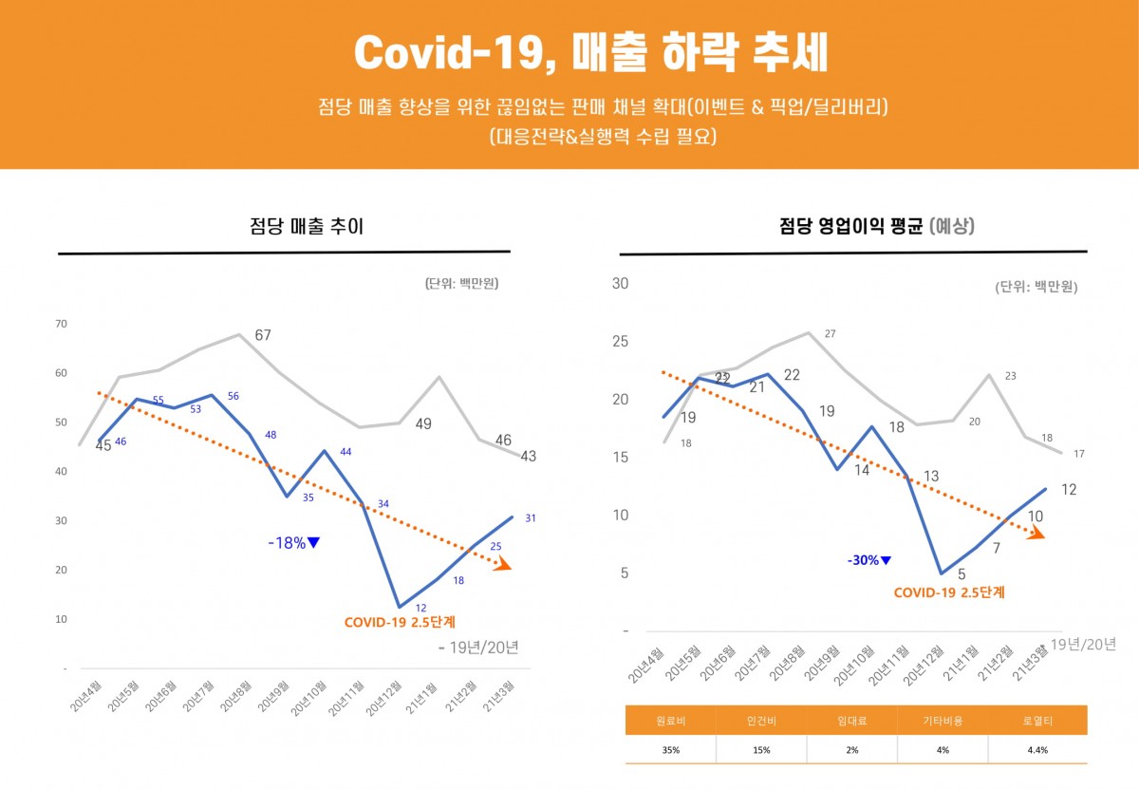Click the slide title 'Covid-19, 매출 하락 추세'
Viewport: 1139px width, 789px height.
[589, 53]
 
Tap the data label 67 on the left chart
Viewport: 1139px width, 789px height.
[263, 335]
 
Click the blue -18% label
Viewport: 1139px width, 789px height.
[293, 543]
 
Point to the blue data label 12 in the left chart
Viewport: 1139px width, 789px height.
[420, 608]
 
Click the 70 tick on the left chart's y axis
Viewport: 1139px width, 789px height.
[61, 324]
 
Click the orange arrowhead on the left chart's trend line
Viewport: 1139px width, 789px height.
[503, 565]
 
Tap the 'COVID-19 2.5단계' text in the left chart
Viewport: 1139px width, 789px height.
[400, 624]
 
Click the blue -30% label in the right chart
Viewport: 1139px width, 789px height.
[868, 560]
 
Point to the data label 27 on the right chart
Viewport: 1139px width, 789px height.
[830, 333]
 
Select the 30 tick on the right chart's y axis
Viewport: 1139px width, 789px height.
[621, 283]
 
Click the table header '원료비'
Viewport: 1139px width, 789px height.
[670, 722]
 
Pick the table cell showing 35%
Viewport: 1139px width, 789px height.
[670, 749]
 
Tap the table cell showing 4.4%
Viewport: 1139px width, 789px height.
[1037, 749]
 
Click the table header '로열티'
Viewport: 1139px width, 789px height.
[1037, 722]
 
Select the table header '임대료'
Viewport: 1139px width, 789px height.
[851, 722]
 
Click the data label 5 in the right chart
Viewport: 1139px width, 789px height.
[961, 574]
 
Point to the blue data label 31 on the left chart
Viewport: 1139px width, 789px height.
[531, 518]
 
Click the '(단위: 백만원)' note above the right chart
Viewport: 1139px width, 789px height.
[1036, 287]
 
